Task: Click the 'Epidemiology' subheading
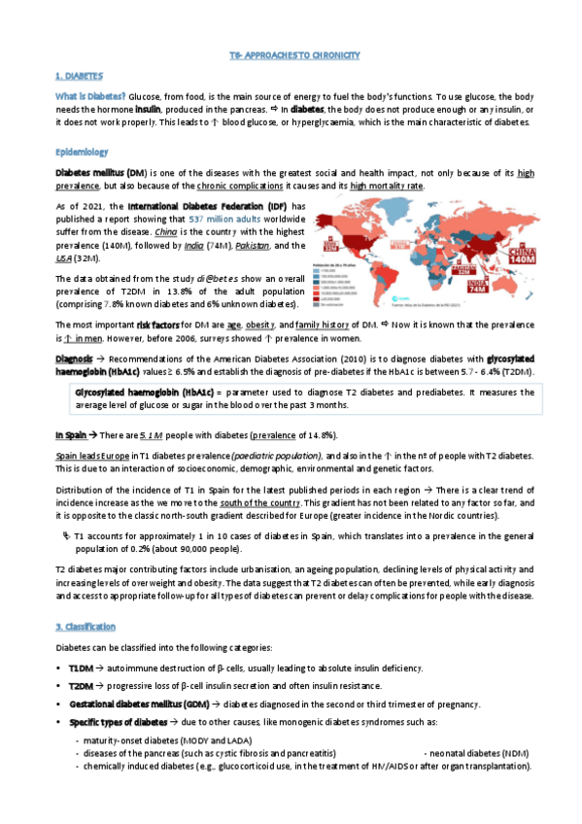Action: click(83, 154)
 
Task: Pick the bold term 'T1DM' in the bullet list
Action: click(80, 669)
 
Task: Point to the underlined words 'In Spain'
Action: click(72, 433)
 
